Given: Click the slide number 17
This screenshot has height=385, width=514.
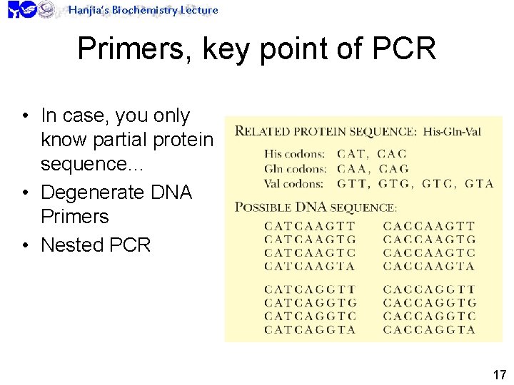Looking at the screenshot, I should point(499,374).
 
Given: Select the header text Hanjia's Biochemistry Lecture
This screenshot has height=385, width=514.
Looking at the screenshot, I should point(143,10).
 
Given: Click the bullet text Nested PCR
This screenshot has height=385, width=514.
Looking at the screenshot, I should point(96,245).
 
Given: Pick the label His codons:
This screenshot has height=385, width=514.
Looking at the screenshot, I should point(294,154).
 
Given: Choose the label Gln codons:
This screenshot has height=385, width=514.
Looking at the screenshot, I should point(294,169).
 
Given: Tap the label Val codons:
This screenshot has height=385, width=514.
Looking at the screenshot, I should point(294,183).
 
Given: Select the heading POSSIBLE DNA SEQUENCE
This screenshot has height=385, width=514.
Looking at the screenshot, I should point(316,207).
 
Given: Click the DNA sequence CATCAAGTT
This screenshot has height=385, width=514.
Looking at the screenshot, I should point(310,227).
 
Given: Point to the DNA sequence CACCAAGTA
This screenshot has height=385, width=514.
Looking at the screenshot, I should point(429,266).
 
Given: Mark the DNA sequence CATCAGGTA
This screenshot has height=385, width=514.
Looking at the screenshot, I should point(310,329).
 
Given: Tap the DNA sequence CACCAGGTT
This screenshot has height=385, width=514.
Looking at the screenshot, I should point(429,289).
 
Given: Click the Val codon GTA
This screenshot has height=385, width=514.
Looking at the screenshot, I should point(479,183).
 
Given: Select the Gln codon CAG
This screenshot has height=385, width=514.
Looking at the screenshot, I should point(393,169).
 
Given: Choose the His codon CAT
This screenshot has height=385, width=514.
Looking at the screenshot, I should point(351,154).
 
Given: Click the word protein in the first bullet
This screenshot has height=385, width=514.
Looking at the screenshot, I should point(178,140).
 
